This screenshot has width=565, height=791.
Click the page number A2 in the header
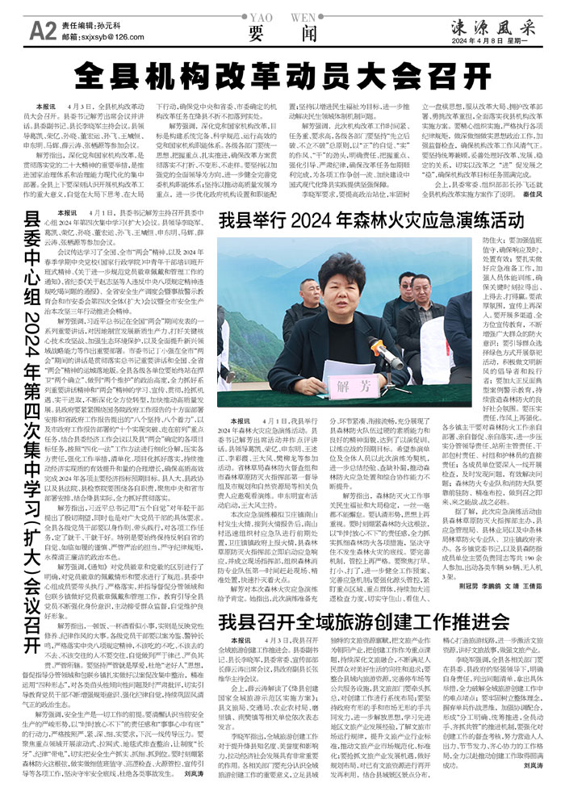pos(42,30)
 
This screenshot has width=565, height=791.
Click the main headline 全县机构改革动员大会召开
pos(282,77)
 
